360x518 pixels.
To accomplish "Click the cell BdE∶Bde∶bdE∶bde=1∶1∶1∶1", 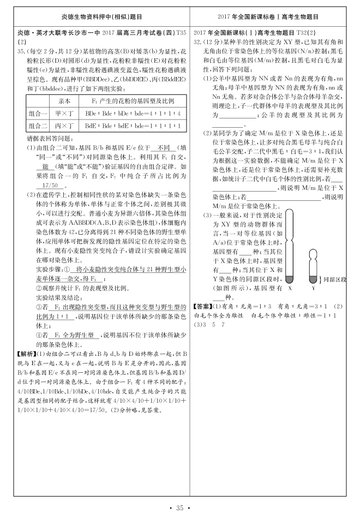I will coord(126,126).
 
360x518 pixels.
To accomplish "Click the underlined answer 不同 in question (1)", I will coord(163,147).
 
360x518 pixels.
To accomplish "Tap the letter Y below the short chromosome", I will coord(313,288).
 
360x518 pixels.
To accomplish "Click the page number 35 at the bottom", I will coord(180,509).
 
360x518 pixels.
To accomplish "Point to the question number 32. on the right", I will coord(199,41).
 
